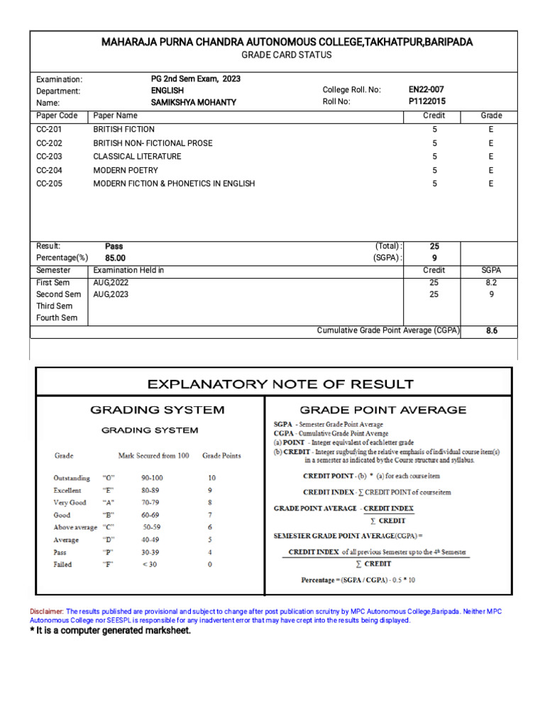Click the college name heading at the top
click(287, 42)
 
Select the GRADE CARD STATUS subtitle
click(287, 55)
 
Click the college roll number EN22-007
click(426, 90)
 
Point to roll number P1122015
click(427, 102)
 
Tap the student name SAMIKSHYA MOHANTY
click(193, 103)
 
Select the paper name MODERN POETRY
click(126, 171)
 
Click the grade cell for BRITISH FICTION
click(490, 130)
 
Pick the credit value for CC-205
click(434, 184)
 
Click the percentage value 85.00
click(116, 259)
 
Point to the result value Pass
click(114, 247)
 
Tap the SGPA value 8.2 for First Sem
click(491, 282)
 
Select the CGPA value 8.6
click(491, 330)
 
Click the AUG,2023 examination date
click(111, 294)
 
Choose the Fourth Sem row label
click(57, 318)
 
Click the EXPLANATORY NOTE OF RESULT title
click(280, 385)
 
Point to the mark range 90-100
click(152, 478)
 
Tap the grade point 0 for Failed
click(209, 564)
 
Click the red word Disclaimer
click(46, 610)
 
